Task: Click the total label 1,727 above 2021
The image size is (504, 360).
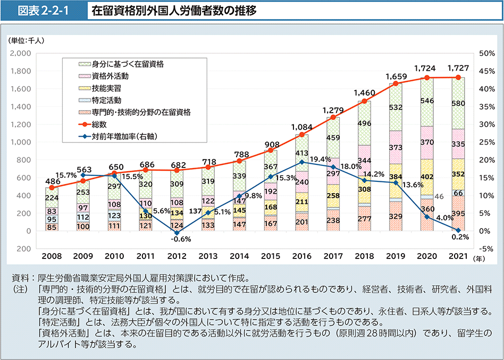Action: click(x=458, y=68)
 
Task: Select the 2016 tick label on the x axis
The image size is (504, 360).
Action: click(x=301, y=257)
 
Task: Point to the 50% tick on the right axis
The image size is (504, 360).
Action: click(x=487, y=53)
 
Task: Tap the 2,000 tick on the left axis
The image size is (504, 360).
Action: click(x=20, y=53)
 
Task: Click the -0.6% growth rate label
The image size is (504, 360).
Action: click(x=178, y=239)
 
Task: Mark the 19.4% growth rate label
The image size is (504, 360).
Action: click(x=320, y=160)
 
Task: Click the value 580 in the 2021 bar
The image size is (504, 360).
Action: click(x=458, y=103)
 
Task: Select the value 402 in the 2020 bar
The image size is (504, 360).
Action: click(x=427, y=162)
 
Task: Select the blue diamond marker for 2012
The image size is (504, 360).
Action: click(x=177, y=233)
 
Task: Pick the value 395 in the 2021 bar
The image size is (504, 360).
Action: click(x=458, y=213)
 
